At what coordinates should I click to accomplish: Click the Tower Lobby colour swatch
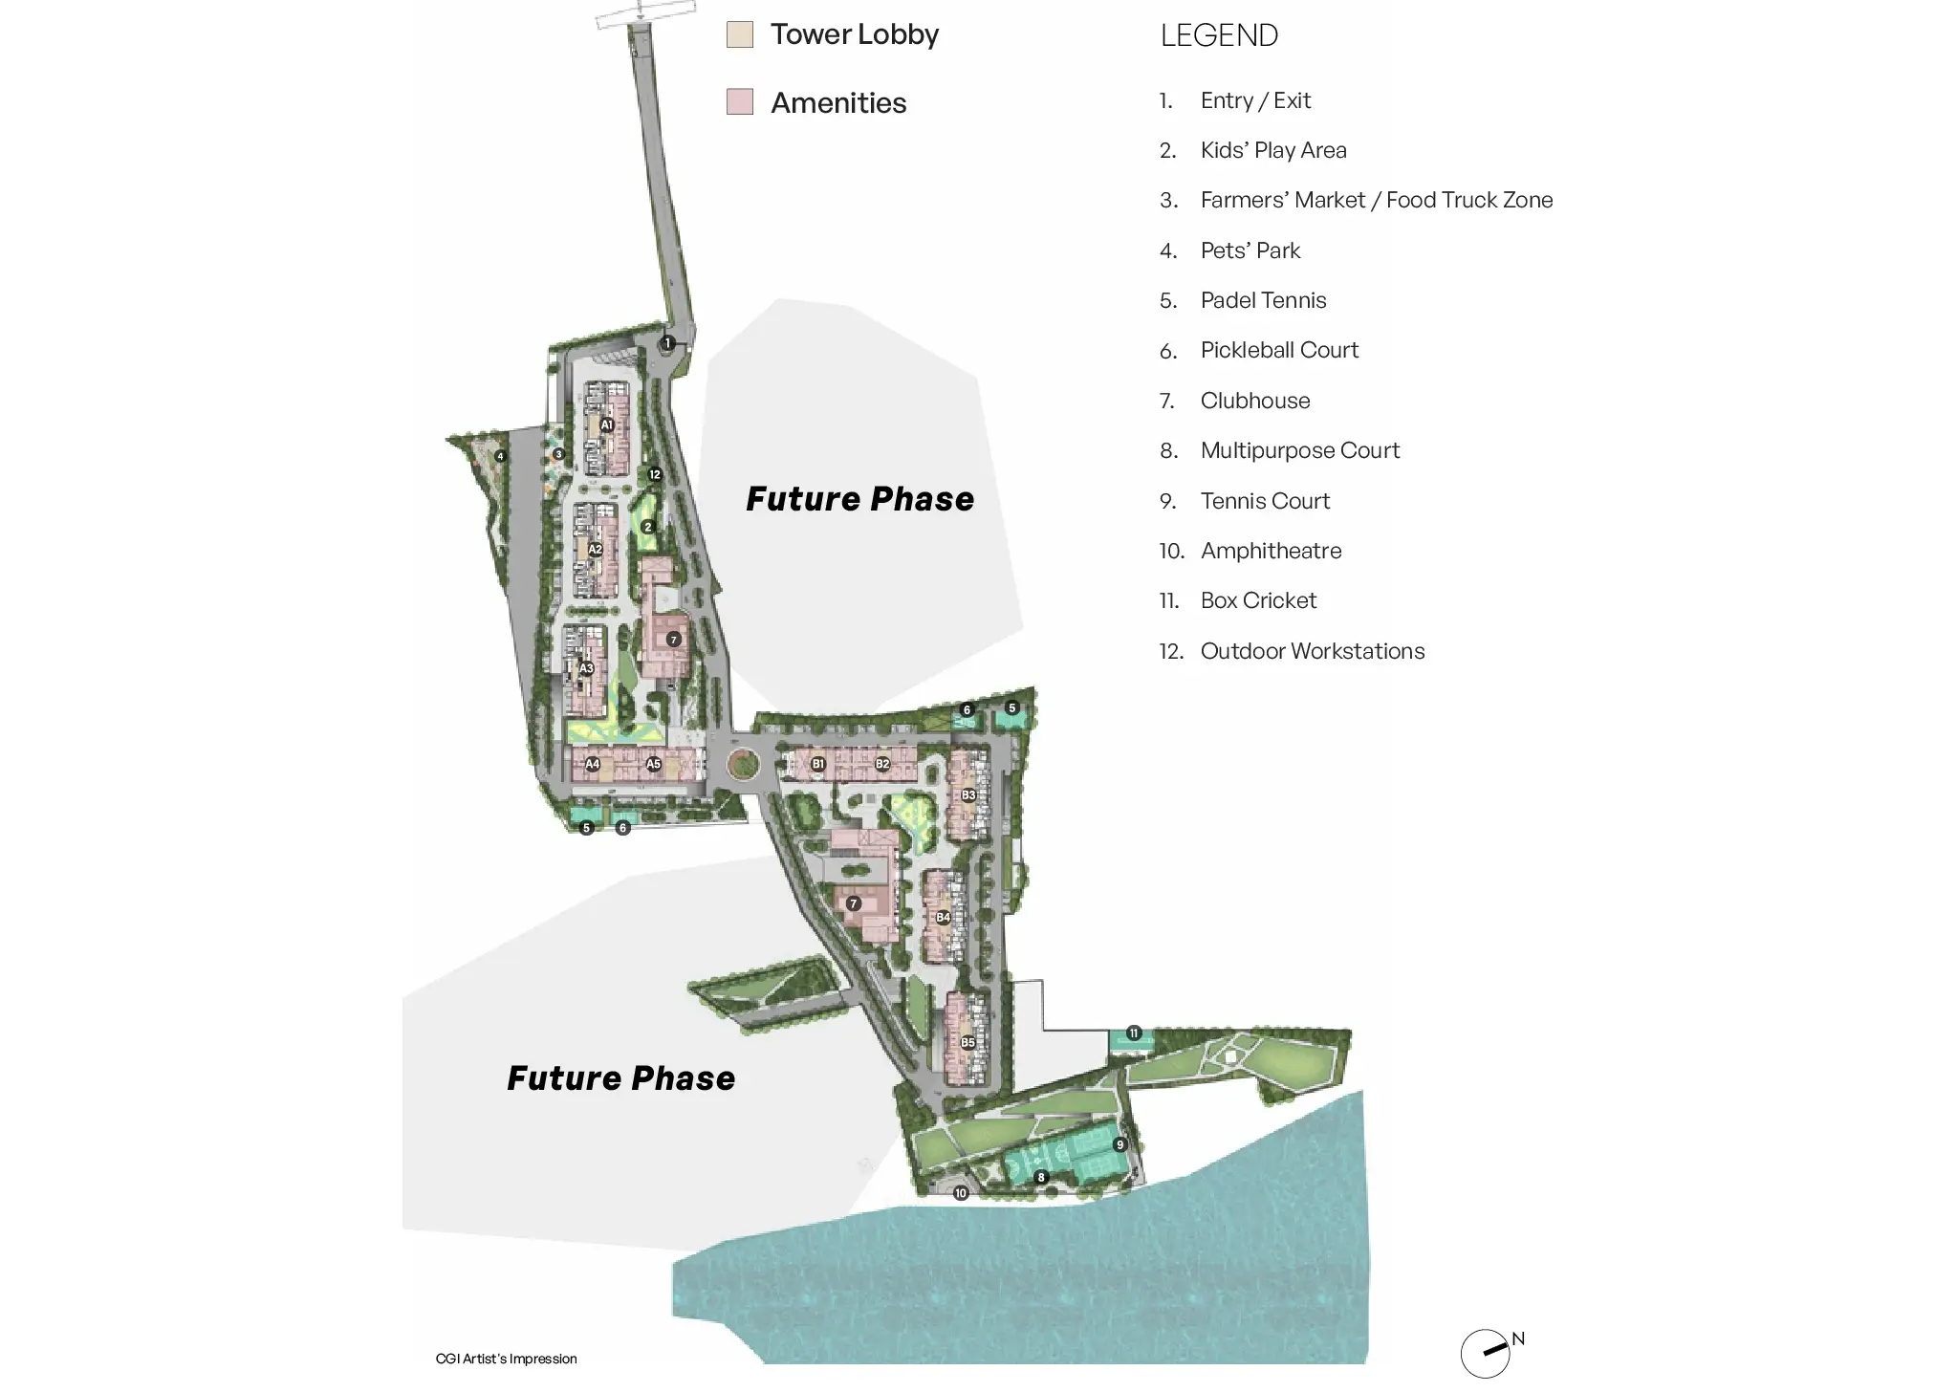pyautogui.click(x=739, y=34)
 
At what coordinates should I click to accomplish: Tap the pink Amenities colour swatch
pyautogui.click(x=739, y=101)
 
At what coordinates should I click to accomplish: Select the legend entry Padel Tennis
pyautogui.click(x=1263, y=300)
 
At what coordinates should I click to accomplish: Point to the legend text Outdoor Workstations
pyautogui.click(x=1312, y=651)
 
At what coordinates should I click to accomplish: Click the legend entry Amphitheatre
pyautogui.click(x=1271, y=551)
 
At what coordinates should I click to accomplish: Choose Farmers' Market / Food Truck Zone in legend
pyautogui.click(x=1376, y=200)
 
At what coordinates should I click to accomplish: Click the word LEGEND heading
pyautogui.click(x=1219, y=35)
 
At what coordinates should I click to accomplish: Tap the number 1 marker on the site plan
pyautogui.click(x=668, y=343)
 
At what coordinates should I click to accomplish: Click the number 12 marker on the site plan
pyautogui.click(x=655, y=474)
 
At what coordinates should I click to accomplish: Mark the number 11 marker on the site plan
pyautogui.click(x=1134, y=1033)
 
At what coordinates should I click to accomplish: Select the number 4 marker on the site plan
pyautogui.click(x=500, y=456)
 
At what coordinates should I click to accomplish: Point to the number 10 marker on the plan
pyautogui.click(x=961, y=1193)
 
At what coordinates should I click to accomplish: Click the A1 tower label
pyautogui.click(x=607, y=424)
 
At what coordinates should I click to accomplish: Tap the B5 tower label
pyautogui.click(x=968, y=1042)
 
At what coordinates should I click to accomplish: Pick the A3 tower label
pyautogui.click(x=587, y=668)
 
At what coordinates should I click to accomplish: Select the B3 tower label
pyautogui.click(x=968, y=794)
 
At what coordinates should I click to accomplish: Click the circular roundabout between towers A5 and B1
pyautogui.click(x=743, y=764)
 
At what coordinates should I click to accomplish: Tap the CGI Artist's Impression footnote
pyautogui.click(x=506, y=1359)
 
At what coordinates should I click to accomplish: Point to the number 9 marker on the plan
pyautogui.click(x=1120, y=1144)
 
